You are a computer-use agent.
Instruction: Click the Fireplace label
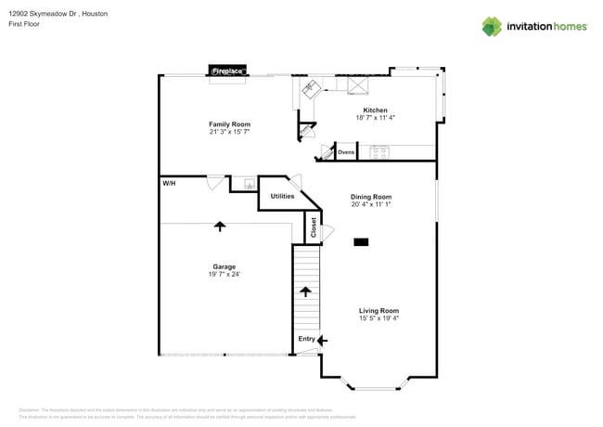pyautogui.click(x=227, y=71)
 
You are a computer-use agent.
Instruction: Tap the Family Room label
pyautogui.click(x=229, y=124)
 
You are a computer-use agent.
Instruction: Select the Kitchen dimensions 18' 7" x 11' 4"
pyautogui.click(x=375, y=118)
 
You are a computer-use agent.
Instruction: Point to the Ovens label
pyautogui.click(x=346, y=151)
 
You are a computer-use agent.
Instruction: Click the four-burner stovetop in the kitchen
pyautogui.click(x=378, y=153)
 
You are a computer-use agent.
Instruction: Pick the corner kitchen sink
pyautogui.click(x=310, y=89)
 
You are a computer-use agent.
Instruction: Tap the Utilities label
pyautogui.click(x=282, y=196)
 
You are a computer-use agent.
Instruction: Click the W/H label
pyautogui.click(x=169, y=184)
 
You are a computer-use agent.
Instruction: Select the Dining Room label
pyautogui.click(x=370, y=197)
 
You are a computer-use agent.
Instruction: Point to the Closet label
pyautogui.click(x=314, y=227)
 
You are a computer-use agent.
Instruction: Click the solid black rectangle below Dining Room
pyautogui.click(x=361, y=242)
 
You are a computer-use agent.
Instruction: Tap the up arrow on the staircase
pyautogui.click(x=305, y=291)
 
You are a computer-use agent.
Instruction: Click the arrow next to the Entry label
pyautogui.click(x=322, y=341)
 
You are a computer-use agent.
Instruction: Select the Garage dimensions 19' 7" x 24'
pyautogui.click(x=224, y=275)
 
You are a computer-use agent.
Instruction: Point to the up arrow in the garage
pyautogui.click(x=220, y=226)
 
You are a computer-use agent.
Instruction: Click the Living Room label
pyautogui.click(x=378, y=311)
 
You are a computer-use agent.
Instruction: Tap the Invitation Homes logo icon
pyautogui.click(x=492, y=26)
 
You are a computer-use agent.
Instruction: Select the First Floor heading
pyautogui.click(x=26, y=25)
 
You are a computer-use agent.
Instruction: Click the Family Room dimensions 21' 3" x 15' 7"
pyautogui.click(x=229, y=132)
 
